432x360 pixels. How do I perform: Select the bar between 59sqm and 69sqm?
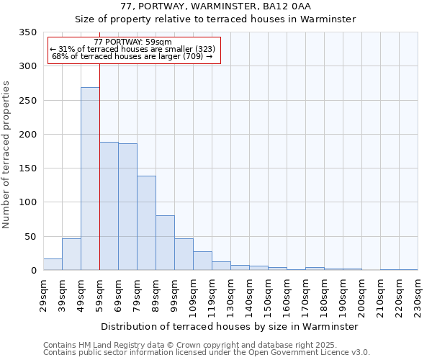tap(109, 206)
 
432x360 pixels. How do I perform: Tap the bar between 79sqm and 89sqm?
tap(146, 222)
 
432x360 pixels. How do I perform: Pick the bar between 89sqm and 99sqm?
tap(165, 243)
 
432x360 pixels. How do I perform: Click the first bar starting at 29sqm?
tap(53, 264)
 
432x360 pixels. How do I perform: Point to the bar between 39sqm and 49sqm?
tap(71, 254)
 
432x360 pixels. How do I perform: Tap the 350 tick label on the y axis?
tap(27, 32)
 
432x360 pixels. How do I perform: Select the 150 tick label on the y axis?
tap(27, 168)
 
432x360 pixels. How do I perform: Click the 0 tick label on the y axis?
tap(33, 271)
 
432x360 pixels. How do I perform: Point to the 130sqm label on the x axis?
tap(231, 294)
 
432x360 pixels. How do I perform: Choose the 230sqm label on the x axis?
tap(418, 294)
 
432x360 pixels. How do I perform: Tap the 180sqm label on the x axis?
tap(325, 294)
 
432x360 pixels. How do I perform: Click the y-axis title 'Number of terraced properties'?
tap(6, 154)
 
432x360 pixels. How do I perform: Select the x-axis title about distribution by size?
tap(229, 326)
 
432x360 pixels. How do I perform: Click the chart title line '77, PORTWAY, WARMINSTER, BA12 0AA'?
tap(215, 6)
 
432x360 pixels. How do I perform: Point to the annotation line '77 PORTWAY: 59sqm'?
tap(133, 42)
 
